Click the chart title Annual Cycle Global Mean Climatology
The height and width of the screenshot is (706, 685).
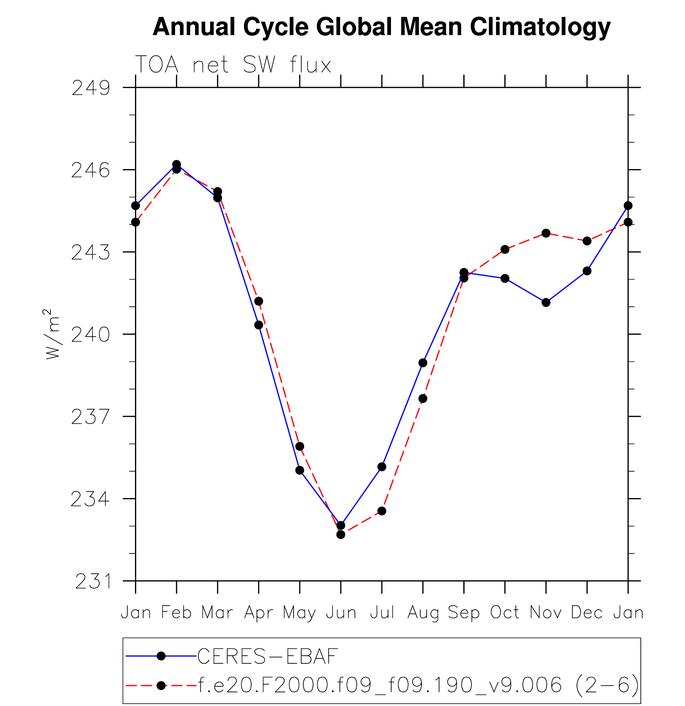coord(381,27)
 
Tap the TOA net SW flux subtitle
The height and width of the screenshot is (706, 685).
coord(233,65)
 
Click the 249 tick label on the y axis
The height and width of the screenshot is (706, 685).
coord(91,88)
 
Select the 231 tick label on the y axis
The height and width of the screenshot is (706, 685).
coord(93,581)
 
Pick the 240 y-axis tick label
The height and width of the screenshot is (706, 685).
coord(91,335)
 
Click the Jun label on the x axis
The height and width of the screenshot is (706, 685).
coord(341,613)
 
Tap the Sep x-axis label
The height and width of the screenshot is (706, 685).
coord(463,613)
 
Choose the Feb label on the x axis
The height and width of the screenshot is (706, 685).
coord(176,613)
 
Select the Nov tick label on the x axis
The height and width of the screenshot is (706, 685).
coord(546,613)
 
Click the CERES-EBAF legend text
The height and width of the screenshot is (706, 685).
coord(268,656)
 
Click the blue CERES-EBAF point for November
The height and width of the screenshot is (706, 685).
coord(546,303)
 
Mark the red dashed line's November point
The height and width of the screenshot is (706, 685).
coord(546,233)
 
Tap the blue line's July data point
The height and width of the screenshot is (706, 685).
coord(382,467)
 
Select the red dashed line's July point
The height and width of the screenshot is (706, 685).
coord(382,511)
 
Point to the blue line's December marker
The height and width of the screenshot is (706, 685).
coord(587,271)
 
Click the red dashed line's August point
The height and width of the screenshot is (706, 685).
coord(423,398)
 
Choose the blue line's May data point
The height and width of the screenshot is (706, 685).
coord(300,470)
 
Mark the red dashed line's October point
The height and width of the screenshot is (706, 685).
coord(505,249)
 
